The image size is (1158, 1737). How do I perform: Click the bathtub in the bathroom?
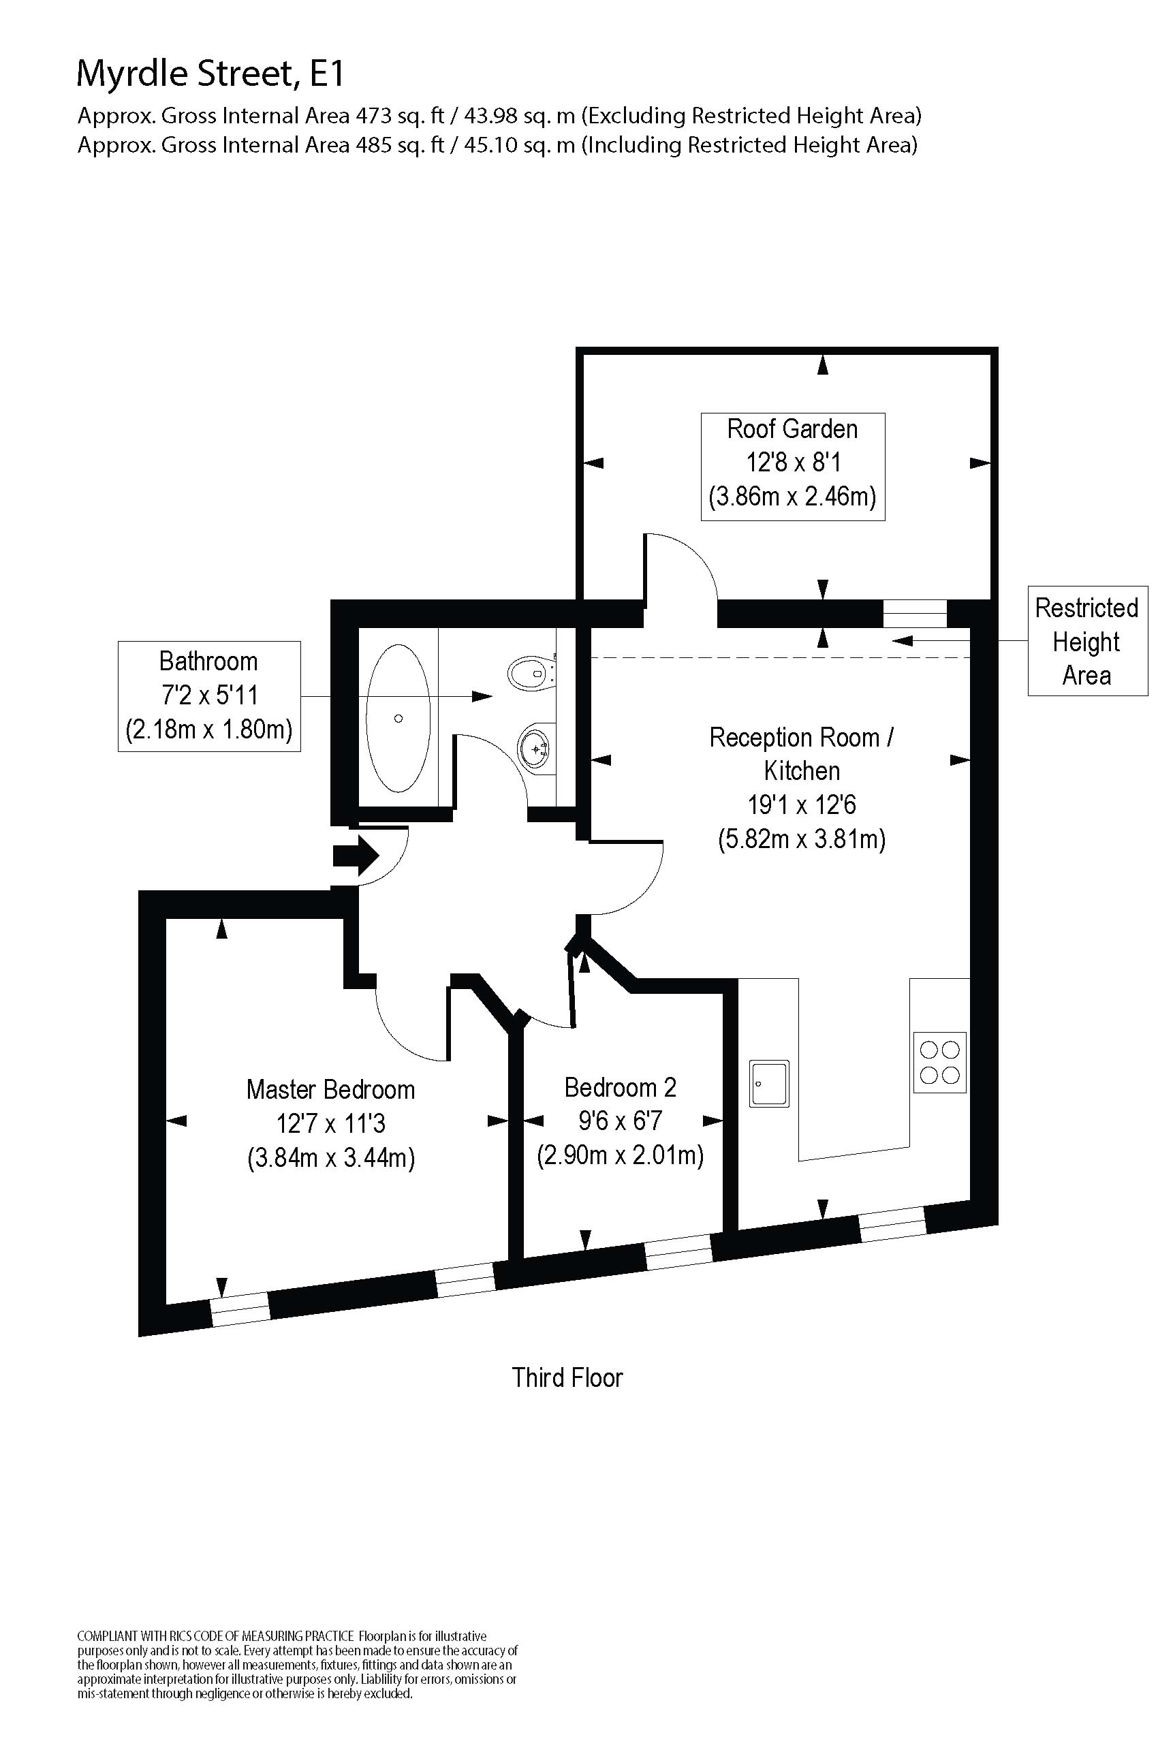(x=398, y=718)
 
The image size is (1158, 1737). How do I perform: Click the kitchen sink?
(x=769, y=1083)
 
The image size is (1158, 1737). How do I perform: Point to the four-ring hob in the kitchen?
(x=940, y=1062)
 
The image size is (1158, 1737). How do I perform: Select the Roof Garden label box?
(x=792, y=467)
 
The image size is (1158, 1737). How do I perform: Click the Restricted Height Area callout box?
(x=1087, y=641)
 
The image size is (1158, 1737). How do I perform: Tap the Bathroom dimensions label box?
(x=209, y=695)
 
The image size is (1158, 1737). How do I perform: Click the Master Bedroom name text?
(x=331, y=1089)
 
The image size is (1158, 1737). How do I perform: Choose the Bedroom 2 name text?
(x=621, y=1087)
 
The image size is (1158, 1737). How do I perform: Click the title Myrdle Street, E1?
(x=210, y=74)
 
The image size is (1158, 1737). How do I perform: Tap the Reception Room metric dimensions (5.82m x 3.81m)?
(x=802, y=839)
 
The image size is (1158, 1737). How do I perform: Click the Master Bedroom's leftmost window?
(x=240, y=1309)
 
